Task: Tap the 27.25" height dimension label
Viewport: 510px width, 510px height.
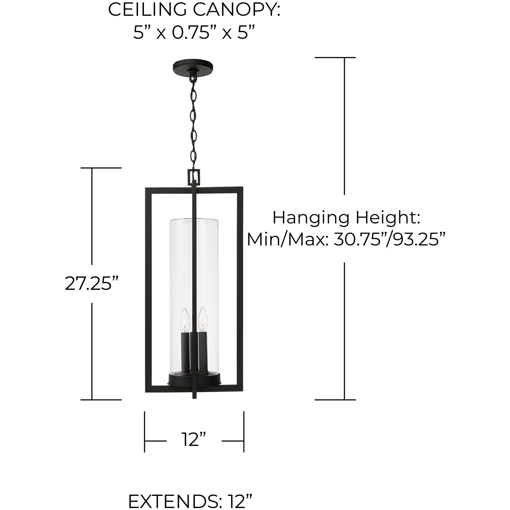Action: (91, 283)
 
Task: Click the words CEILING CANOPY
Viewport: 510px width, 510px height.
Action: (194, 10)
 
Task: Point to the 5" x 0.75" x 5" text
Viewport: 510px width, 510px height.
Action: (194, 33)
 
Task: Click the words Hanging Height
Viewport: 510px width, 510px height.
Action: (346, 218)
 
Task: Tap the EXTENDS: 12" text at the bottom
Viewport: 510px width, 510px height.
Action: (191, 501)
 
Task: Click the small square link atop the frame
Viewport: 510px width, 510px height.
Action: (194, 177)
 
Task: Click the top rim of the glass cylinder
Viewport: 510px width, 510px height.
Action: (194, 218)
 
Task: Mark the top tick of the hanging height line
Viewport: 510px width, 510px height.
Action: (335, 58)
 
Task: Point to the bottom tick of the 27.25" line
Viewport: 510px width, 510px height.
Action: (101, 400)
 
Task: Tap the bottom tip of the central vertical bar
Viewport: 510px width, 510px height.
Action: (194, 398)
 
